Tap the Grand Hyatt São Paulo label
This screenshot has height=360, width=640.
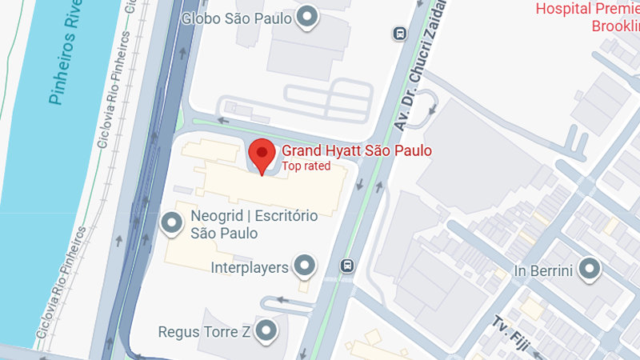(x=357, y=150)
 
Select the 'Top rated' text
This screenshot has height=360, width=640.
(x=306, y=166)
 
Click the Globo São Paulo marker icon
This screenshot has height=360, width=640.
(x=307, y=17)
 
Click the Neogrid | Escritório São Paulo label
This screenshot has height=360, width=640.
(x=254, y=224)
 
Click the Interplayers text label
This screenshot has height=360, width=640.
(x=249, y=267)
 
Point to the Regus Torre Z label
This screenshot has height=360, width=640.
(x=204, y=331)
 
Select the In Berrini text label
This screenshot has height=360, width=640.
(x=544, y=270)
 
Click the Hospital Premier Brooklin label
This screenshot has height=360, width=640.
(x=589, y=18)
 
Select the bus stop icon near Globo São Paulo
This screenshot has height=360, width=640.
(x=398, y=33)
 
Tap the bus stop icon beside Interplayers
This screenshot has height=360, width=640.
(x=347, y=265)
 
